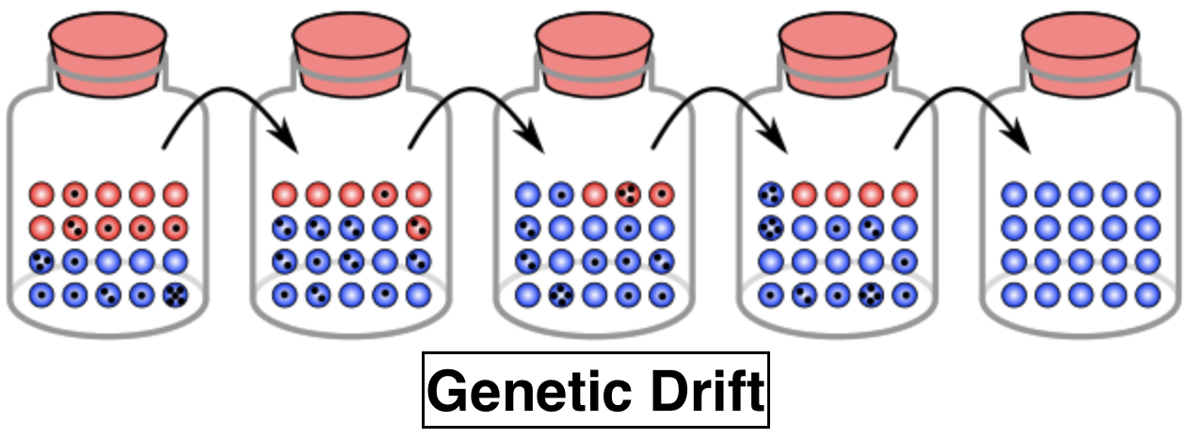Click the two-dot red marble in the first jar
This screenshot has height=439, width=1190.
coord(74,228)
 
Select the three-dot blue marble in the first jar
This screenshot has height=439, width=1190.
coord(40,261)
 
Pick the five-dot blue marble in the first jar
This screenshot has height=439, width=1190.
coord(175,294)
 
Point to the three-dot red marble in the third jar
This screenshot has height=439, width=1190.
coord(627,195)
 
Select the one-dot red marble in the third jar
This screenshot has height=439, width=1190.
coord(661,195)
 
